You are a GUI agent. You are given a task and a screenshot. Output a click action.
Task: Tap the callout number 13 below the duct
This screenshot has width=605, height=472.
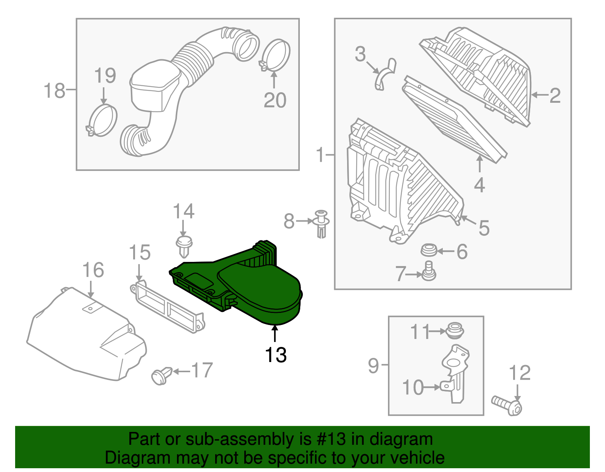pyautogui.click(x=276, y=355)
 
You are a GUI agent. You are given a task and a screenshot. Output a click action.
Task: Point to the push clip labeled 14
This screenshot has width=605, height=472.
pyautogui.click(x=184, y=245)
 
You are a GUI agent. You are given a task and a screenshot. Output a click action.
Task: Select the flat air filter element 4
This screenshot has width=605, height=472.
pyautogui.click(x=454, y=119)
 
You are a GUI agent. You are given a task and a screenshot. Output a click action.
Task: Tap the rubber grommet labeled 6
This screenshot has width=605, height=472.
pyautogui.click(x=429, y=250)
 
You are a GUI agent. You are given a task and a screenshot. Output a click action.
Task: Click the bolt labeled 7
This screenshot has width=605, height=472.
pyautogui.click(x=429, y=272)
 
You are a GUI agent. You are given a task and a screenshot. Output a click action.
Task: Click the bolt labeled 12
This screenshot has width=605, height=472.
pyautogui.click(x=507, y=405)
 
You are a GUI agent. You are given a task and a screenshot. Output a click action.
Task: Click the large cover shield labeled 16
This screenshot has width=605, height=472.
pyautogui.click(x=87, y=336)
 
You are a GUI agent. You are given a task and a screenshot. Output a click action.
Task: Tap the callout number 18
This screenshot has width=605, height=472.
pyautogui.click(x=54, y=91)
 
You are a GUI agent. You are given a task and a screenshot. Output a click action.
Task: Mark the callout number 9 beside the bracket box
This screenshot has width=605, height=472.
pyautogui.click(x=373, y=365)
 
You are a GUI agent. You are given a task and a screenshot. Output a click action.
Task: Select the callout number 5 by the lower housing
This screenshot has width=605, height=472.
pyautogui.click(x=484, y=228)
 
